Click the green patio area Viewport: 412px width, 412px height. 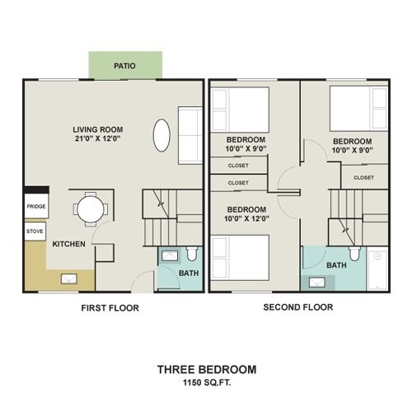pyautogui.click(x=125, y=65)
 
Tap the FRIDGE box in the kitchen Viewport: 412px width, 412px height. pyautogui.click(x=36, y=206)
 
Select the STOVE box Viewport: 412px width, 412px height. pyautogui.click(x=35, y=232)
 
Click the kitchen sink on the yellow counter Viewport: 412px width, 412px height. pyautogui.click(x=68, y=279)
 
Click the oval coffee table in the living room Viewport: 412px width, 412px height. pyautogui.click(x=162, y=135)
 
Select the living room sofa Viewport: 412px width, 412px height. pyautogui.click(x=190, y=136)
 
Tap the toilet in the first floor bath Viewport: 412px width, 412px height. pyautogui.click(x=192, y=254)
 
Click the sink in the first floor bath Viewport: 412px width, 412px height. pyautogui.click(x=170, y=255)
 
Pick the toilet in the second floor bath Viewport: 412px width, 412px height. pyautogui.click(x=354, y=254)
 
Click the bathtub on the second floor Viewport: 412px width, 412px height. pyautogui.click(x=377, y=270)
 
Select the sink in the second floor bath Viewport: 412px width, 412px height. pyautogui.click(x=317, y=282)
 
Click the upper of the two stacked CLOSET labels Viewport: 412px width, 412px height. pyautogui.click(x=238, y=166)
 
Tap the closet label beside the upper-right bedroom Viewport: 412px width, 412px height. pyautogui.click(x=363, y=178)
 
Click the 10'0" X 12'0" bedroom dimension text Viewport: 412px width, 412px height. pyautogui.click(x=246, y=219)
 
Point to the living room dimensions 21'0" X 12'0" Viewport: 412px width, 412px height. pyautogui.click(x=98, y=138)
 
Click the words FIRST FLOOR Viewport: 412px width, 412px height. pyautogui.click(x=110, y=308)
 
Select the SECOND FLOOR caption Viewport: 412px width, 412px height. pyautogui.click(x=298, y=307)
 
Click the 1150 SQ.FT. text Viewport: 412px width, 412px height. pyautogui.click(x=207, y=382)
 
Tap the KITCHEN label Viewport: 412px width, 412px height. pyautogui.click(x=69, y=244)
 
